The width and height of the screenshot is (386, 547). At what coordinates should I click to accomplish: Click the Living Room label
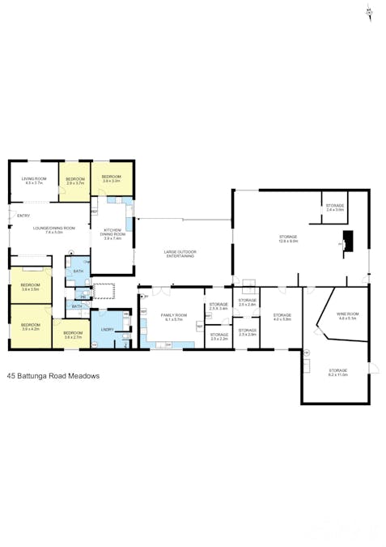click(x=34, y=181)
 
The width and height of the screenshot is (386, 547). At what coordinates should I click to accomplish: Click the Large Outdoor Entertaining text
click(x=180, y=254)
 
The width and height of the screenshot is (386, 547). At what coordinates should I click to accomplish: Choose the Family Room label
click(x=174, y=317)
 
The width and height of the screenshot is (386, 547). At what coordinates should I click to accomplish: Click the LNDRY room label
click(x=107, y=330)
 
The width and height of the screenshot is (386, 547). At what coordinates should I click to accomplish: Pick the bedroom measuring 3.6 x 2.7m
click(x=73, y=335)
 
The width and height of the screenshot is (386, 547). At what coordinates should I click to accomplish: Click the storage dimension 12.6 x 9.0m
click(x=288, y=239)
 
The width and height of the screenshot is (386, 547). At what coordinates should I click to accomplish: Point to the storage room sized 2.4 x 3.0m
click(x=335, y=207)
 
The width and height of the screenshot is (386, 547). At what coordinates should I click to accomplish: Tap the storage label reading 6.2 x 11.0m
click(x=337, y=372)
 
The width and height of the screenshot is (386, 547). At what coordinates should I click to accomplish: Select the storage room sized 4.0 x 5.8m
click(x=282, y=317)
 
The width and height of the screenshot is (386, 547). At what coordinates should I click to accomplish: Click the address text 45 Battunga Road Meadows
click(x=53, y=376)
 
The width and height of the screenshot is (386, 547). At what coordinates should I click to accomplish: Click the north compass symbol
click(x=369, y=11)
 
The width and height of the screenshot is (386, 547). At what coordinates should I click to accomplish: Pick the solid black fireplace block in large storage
click(x=347, y=241)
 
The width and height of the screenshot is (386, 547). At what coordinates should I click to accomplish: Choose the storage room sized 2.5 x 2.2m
click(x=218, y=335)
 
